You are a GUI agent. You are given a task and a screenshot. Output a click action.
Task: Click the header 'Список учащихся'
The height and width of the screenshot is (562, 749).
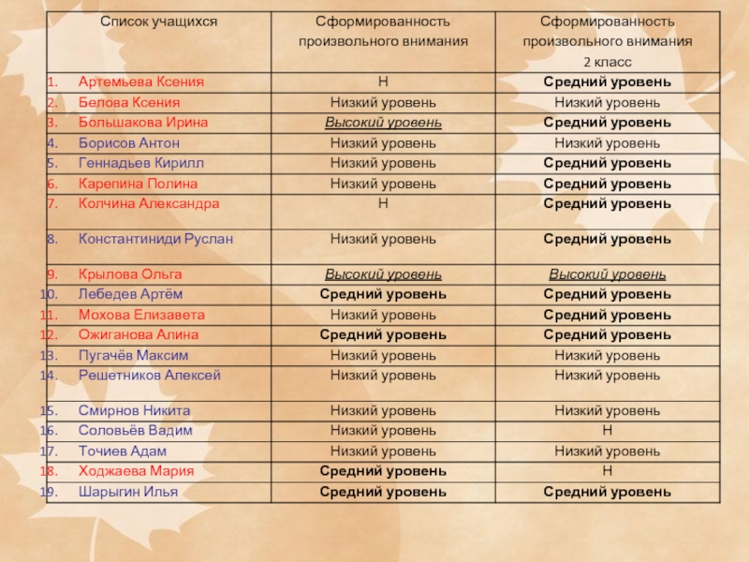[x=153, y=22]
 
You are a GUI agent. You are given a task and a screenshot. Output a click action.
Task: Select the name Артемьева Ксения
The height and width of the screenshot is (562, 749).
[x=140, y=82]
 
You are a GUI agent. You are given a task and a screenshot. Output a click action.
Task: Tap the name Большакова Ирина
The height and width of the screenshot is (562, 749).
[x=143, y=123]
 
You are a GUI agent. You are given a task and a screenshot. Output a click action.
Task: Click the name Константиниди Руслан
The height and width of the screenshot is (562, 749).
[x=155, y=239]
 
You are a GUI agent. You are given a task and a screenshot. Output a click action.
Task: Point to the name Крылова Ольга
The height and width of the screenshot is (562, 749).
[x=130, y=274]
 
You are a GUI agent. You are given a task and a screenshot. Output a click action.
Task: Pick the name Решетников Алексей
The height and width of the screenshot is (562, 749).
[x=150, y=376]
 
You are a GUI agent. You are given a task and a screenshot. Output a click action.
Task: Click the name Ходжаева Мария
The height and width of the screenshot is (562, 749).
[x=137, y=471]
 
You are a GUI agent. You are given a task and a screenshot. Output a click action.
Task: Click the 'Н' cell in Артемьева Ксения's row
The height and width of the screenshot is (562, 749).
[x=383, y=82]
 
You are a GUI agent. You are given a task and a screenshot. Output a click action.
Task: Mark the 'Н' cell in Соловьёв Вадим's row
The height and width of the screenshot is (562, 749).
[x=607, y=431]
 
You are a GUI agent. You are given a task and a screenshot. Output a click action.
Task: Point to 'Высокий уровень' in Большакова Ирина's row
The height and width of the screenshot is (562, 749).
[x=383, y=123]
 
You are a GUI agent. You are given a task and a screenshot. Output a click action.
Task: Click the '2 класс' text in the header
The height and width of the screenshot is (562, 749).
[x=607, y=62]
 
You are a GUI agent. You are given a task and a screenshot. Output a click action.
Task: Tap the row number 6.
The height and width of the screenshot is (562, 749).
[x=54, y=184]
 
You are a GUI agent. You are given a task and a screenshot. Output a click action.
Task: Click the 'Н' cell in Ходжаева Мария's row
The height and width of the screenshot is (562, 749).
[x=607, y=471]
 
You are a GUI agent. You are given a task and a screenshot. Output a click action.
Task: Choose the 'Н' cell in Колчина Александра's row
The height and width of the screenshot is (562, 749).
[x=383, y=203]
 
